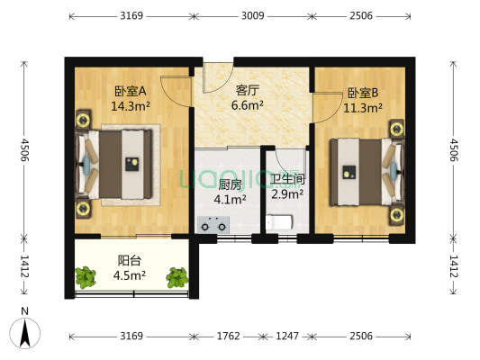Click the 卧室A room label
click(x=131, y=91)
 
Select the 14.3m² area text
click(x=131, y=105)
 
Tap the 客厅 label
click(x=248, y=90)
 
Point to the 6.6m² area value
click(x=248, y=105)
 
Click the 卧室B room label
click(x=363, y=93)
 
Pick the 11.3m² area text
click(x=363, y=108)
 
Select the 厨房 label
click(x=231, y=184)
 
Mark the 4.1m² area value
click(x=231, y=199)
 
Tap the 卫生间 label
click(x=287, y=177)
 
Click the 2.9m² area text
click(x=287, y=193)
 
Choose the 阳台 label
click(x=130, y=261)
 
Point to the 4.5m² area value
click(x=130, y=276)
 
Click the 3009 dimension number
click(x=253, y=15)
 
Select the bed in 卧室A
click(x=117, y=163)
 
